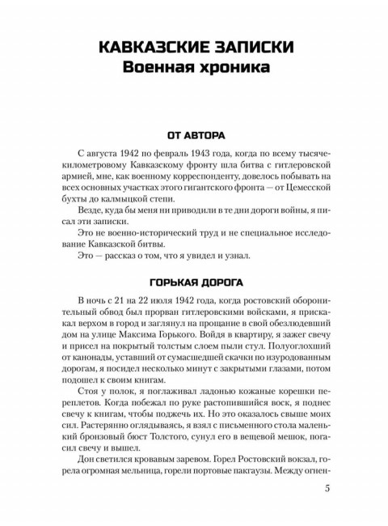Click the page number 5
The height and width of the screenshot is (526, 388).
pos(327,488)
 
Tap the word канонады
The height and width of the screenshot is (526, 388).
pos(104,363)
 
